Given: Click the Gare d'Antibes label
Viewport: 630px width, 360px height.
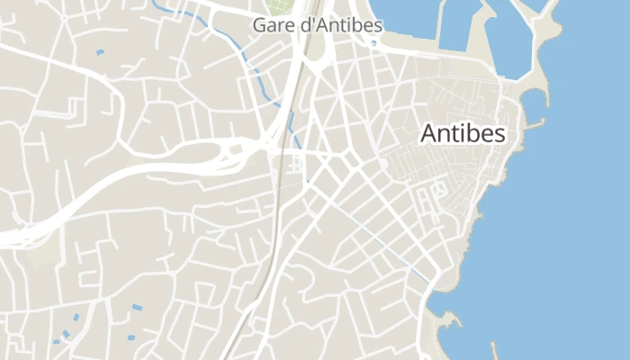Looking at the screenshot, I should [x=317, y=25].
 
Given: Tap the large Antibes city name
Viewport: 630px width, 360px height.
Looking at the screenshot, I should [x=463, y=134].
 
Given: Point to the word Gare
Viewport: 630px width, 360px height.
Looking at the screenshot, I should [x=272, y=25].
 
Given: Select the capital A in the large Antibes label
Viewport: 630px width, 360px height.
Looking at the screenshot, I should [x=430, y=134].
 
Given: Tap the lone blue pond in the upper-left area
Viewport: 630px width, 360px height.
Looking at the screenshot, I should [x=99, y=53].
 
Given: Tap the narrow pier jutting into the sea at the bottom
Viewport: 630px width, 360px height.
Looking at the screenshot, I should [x=494, y=349].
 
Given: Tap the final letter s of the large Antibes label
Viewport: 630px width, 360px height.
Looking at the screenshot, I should [x=499, y=134].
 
